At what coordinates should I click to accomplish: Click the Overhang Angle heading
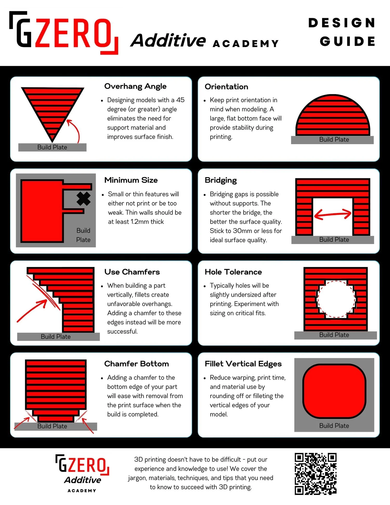click(x=135, y=86)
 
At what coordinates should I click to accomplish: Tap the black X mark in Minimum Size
click(x=83, y=199)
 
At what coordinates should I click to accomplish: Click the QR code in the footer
click(x=315, y=474)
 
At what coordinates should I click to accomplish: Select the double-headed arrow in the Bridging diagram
click(x=333, y=214)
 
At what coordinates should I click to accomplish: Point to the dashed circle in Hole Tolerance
click(x=336, y=299)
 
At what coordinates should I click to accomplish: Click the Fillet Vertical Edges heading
click(x=243, y=364)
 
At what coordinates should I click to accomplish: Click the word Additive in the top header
click(x=168, y=41)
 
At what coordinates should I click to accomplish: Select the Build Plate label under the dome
click(x=334, y=140)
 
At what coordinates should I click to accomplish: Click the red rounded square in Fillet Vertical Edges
click(x=334, y=391)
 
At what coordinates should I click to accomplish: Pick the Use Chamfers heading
click(x=132, y=272)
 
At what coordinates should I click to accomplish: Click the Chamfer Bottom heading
click(x=136, y=364)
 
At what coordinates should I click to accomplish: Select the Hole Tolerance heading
click(x=233, y=272)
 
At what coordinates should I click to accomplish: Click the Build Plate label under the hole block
click(x=334, y=335)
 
